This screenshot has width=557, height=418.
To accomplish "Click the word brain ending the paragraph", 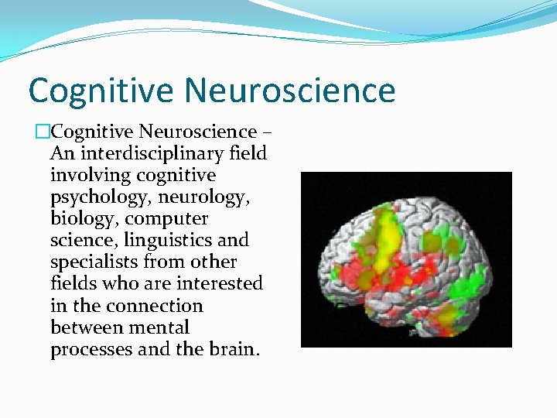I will tap(234, 349).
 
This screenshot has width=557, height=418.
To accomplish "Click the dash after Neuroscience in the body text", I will tap(266, 132).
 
